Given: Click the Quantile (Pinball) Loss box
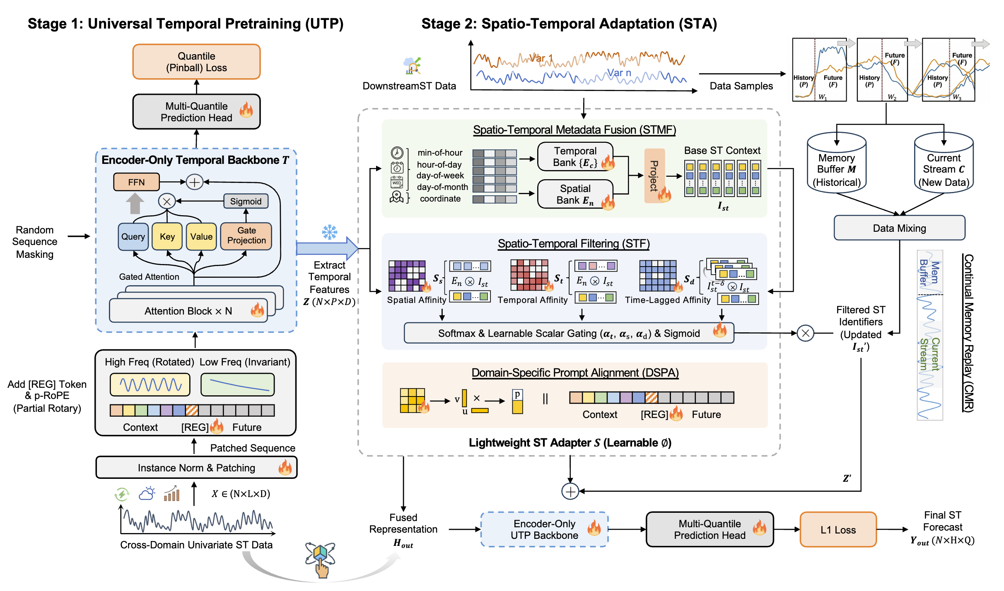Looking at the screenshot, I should [196, 62].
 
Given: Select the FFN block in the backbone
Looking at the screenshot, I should [136, 182].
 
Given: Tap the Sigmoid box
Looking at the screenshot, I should [246, 201].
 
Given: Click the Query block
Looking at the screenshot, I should [133, 237].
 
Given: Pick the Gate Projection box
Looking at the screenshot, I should [246, 236].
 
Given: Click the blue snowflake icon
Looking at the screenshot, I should [330, 232].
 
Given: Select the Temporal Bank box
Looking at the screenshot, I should [575, 157].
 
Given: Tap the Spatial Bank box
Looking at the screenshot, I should [575, 194].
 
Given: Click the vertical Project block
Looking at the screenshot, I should [654, 176].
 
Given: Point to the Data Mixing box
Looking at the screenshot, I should [899, 228].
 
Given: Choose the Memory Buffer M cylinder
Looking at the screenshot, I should [836, 163].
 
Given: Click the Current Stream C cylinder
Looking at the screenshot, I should [944, 163].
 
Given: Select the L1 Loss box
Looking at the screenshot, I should [838, 530].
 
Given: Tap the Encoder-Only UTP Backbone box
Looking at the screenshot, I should [544, 530].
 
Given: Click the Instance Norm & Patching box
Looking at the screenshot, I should [196, 468].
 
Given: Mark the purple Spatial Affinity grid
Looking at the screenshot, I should [407, 276].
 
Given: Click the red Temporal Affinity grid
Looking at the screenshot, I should [529, 275].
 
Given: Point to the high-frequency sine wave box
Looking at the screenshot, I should [150, 385].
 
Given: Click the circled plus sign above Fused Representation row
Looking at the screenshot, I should [570, 492].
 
